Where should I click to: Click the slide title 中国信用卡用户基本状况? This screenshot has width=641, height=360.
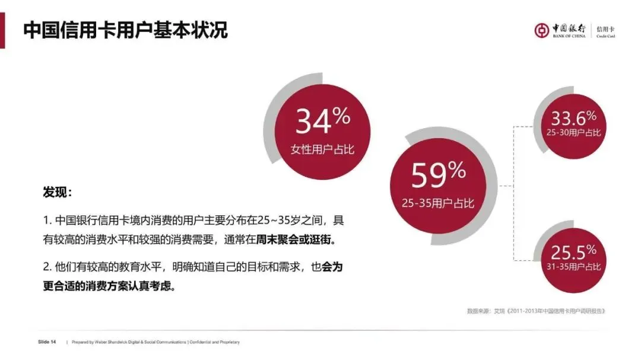125,30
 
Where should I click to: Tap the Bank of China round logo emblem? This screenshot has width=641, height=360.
541,30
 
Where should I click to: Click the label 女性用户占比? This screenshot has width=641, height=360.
322,149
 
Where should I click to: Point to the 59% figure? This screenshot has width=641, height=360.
438,175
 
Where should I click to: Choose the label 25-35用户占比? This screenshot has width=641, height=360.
438,203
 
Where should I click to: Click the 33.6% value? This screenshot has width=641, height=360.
573,117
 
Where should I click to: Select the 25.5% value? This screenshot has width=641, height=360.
573,251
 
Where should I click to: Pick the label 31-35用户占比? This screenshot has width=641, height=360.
573,267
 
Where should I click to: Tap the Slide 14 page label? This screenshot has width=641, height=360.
47,342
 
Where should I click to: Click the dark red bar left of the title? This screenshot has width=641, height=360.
2,30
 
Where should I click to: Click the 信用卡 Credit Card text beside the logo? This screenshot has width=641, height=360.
605,31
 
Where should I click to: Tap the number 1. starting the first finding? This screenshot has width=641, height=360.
47,221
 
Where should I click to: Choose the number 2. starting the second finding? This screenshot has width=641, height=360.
47,267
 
